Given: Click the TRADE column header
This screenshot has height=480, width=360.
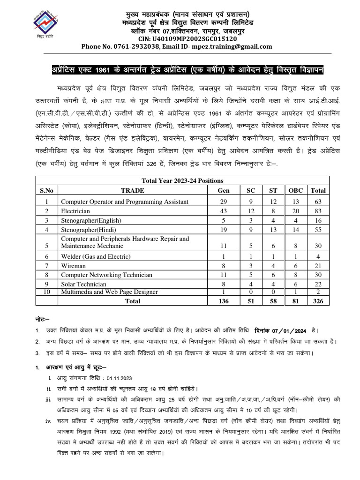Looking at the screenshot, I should click(133, 191).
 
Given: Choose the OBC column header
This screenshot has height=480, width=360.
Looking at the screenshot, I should click(295, 191).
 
